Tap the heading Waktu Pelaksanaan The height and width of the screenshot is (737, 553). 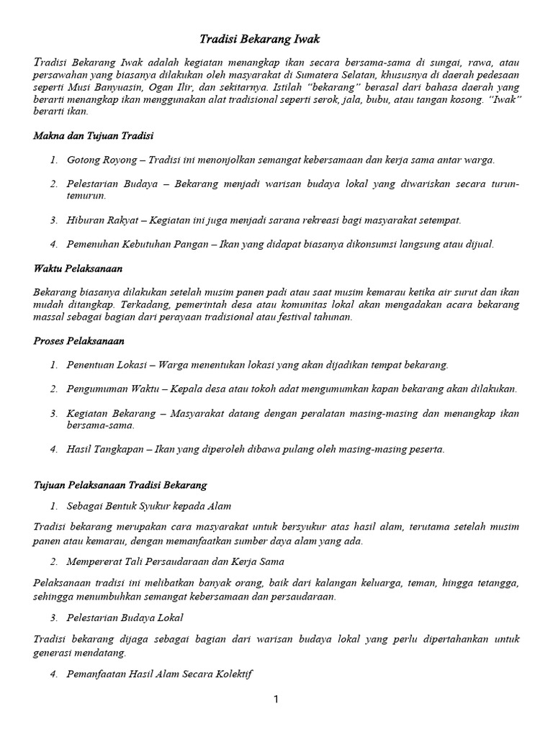(x=78, y=268)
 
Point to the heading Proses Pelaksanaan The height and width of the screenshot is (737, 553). (x=78, y=340)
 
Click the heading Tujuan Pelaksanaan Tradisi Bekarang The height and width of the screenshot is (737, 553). (x=120, y=485)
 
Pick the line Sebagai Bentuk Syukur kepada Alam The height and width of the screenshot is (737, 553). (x=149, y=506)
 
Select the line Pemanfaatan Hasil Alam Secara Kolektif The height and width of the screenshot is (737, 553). (x=159, y=674)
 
